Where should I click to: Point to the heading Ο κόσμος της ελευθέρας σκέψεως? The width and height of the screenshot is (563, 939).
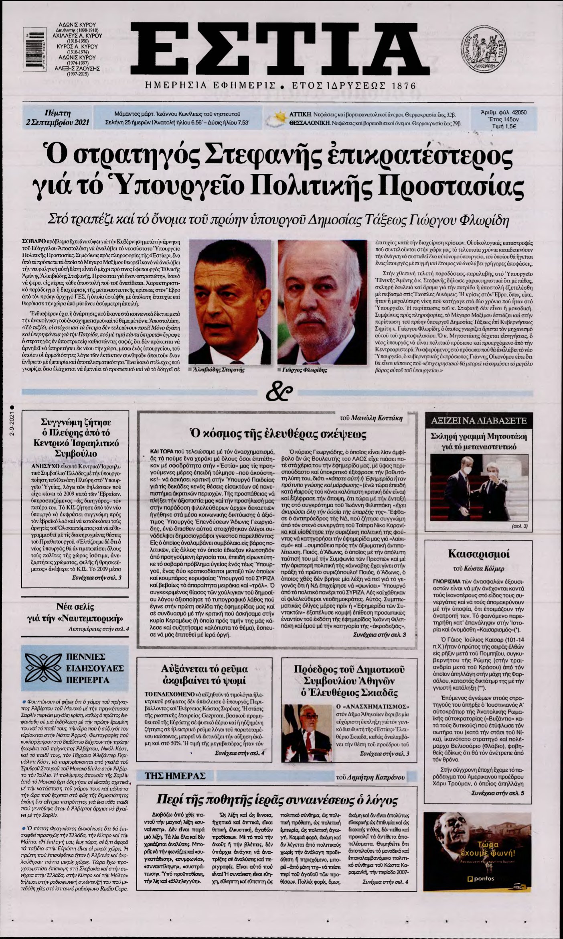(x=277, y=433)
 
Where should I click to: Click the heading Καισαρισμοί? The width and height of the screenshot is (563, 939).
(x=479, y=555)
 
